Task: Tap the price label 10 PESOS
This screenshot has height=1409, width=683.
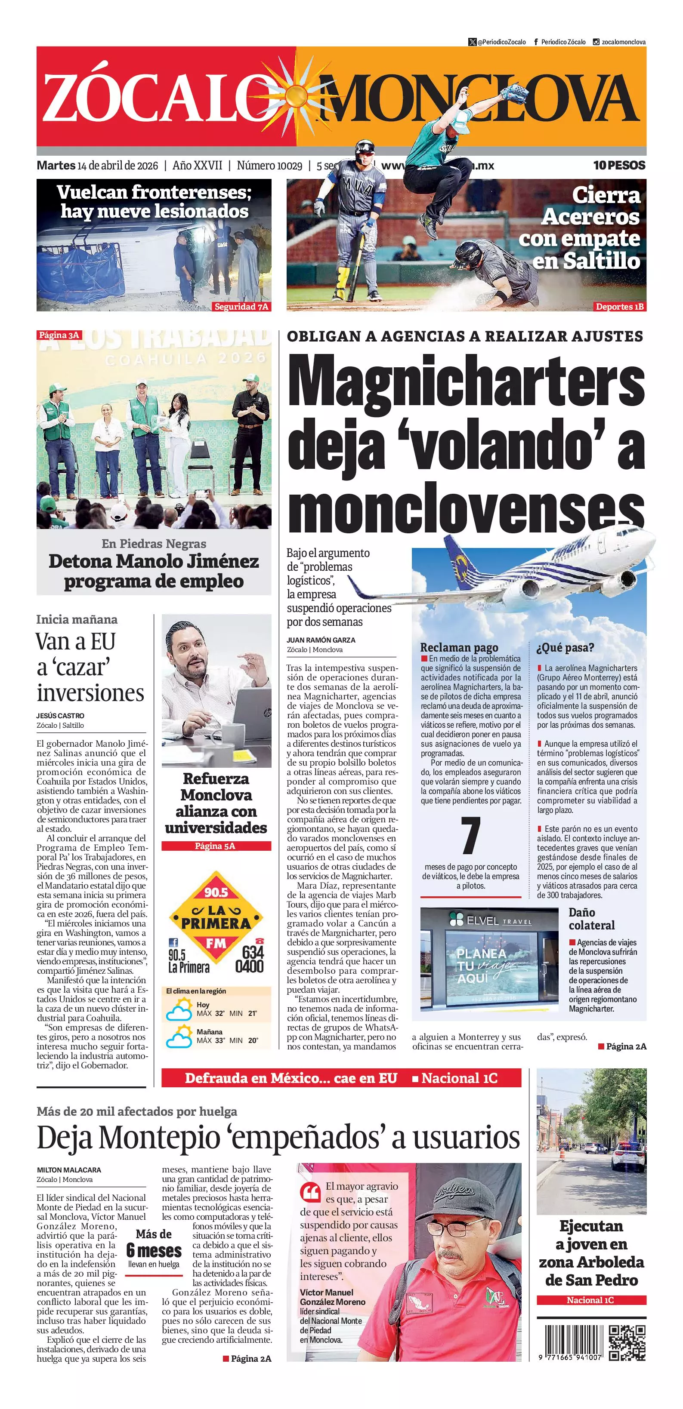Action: click(619, 165)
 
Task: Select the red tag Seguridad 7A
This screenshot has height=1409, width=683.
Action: click(241, 306)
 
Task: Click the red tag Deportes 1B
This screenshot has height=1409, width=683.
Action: click(619, 306)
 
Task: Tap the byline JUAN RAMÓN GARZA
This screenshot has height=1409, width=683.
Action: click(321, 640)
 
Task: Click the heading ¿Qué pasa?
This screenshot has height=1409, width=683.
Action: click(565, 648)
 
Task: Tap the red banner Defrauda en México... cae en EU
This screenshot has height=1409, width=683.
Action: click(291, 1078)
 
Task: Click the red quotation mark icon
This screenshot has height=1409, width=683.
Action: click(310, 1191)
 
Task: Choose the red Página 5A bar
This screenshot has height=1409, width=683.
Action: click(216, 846)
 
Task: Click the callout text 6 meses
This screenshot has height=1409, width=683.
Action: click(154, 1250)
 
